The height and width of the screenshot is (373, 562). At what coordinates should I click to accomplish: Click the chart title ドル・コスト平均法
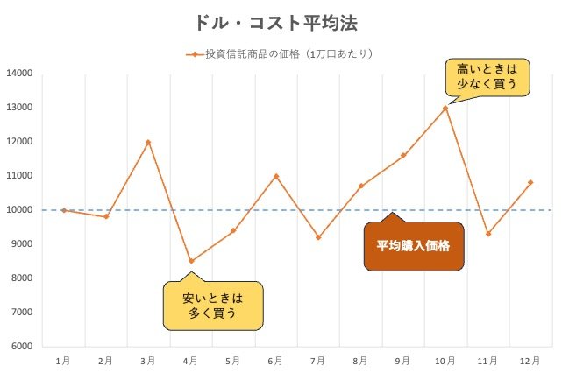(x=277, y=21)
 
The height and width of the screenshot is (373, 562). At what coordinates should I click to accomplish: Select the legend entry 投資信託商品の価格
(x=281, y=54)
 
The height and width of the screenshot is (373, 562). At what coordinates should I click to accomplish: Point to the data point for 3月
(x=148, y=142)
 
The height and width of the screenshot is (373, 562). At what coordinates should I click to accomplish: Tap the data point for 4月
(x=190, y=261)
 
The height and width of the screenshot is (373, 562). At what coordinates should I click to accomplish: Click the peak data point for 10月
(x=445, y=108)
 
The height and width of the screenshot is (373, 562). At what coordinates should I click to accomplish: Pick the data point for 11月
(x=487, y=234)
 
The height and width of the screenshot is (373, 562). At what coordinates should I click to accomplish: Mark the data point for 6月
(x=275, y=176)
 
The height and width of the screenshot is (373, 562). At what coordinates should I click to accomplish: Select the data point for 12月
(x=530, y=182)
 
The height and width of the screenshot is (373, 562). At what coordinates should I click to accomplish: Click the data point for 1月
(x=63, y=210)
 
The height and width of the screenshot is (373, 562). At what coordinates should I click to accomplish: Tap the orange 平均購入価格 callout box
(x=413, y=246)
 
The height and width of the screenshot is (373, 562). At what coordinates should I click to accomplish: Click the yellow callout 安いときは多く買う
(x=213, y=306)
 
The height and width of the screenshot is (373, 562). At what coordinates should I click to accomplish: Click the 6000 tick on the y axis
(x=21, y=347)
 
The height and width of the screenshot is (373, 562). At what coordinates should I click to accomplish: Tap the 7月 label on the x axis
(x=317, y=361)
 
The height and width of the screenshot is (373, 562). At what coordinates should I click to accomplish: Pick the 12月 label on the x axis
(x=530, y=361)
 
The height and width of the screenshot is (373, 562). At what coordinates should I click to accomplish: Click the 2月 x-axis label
(x=105, y=361)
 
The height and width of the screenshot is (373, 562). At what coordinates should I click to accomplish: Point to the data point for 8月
(x=360, y=186)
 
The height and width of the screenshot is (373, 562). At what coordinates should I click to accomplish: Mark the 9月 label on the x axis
(x=402, y=361)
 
